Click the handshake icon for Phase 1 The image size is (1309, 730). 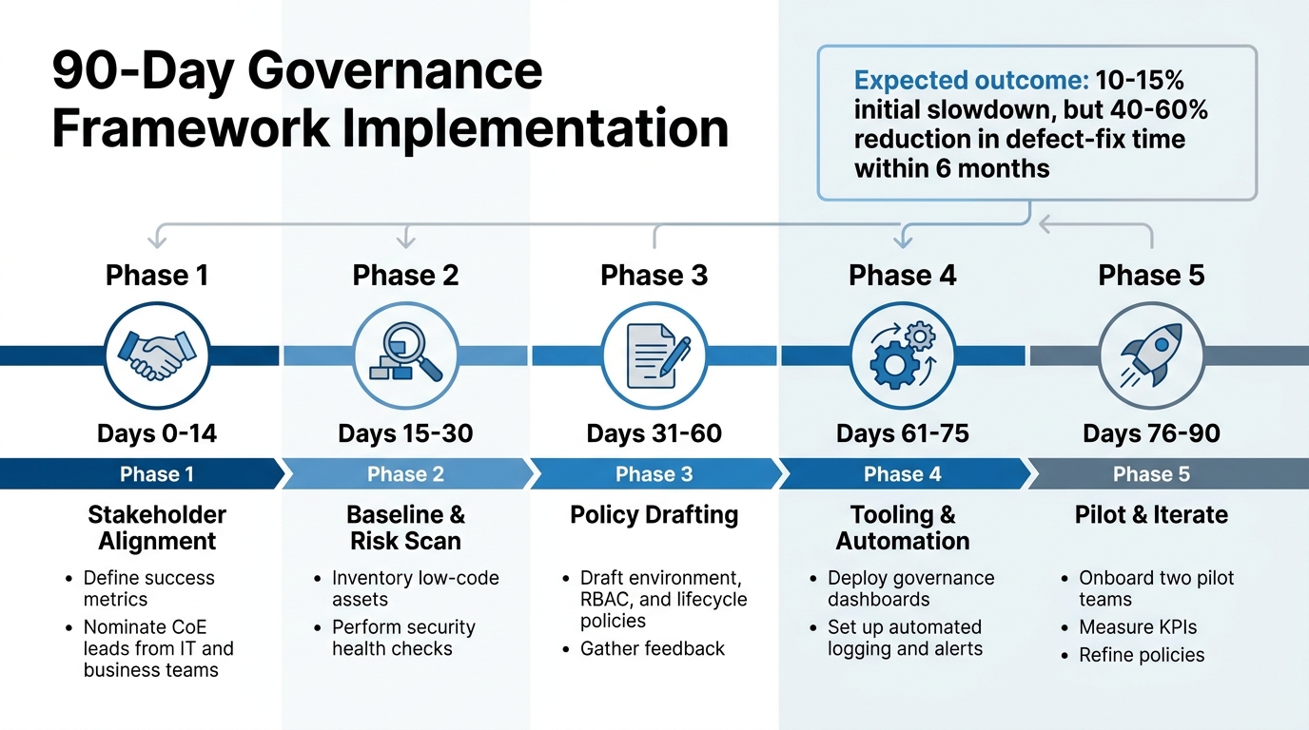[x=156, y=355]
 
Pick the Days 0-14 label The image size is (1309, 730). [x=156, y=434]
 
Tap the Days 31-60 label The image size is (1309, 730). [x=654, y=434]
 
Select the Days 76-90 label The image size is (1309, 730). [x=1151, y=434]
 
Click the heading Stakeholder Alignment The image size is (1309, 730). [x=157, y=528]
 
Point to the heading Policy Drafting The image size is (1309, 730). [x=654, y=515]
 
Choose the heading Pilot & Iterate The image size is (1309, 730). [x=1151, y=515]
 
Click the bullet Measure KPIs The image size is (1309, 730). [x=1138, y=627]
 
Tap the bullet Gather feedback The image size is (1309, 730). [x=653, y=649]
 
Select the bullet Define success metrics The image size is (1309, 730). [x=149, y=588]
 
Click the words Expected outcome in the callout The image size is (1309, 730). [x=969, y=80]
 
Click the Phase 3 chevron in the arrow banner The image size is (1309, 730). [x=654, y=474]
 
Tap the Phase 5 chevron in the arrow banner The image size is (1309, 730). [x=1151, y=474]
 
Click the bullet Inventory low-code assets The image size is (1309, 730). [x=415, y=588]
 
